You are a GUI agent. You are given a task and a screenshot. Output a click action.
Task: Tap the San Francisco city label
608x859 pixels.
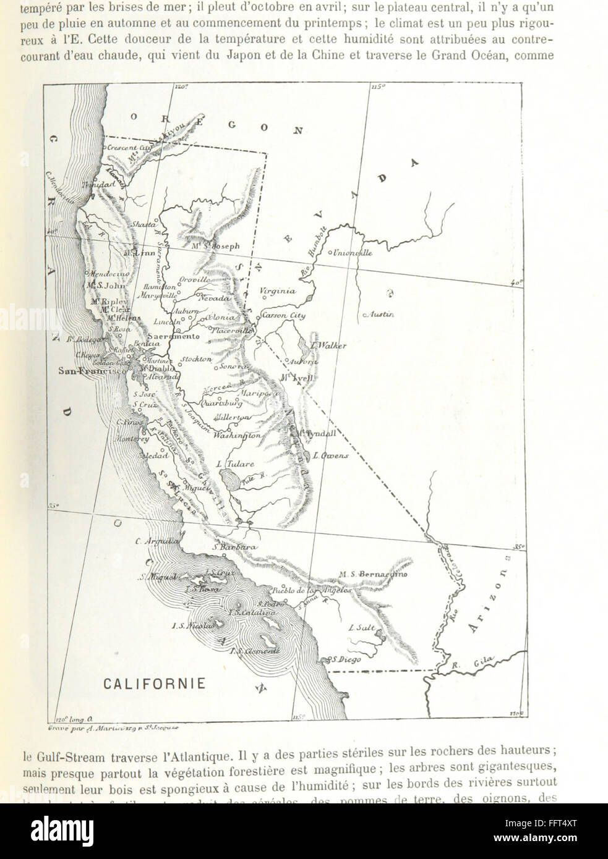pyautogui.click(x=83, y=371)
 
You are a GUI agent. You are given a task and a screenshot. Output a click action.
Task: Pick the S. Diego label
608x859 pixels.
pyautogui.click(x=346, y=659)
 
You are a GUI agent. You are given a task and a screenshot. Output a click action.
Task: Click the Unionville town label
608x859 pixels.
pyautogui.click(x=353, y=253)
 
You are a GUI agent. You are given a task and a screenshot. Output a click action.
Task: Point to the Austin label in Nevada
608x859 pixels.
pyautogui.click(x=379, y=315)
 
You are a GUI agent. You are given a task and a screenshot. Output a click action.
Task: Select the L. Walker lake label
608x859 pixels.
pyautogui.click(x=328, y=346)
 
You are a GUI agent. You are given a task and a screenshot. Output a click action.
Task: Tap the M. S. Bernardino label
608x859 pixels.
pyautogui.click(x=373, y=575)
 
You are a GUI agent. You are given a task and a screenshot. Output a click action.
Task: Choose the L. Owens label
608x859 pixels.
pyautogui.click(x=331, y=455)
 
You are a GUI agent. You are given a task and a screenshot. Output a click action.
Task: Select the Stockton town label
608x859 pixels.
pyautogui.click(x=196, y=359)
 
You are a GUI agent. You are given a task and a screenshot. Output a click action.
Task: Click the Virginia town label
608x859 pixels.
pyautogui.click(x=277, y=291)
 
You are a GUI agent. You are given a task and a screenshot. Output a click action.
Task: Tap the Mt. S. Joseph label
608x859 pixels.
pyautogui.click(x=215, y=245)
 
